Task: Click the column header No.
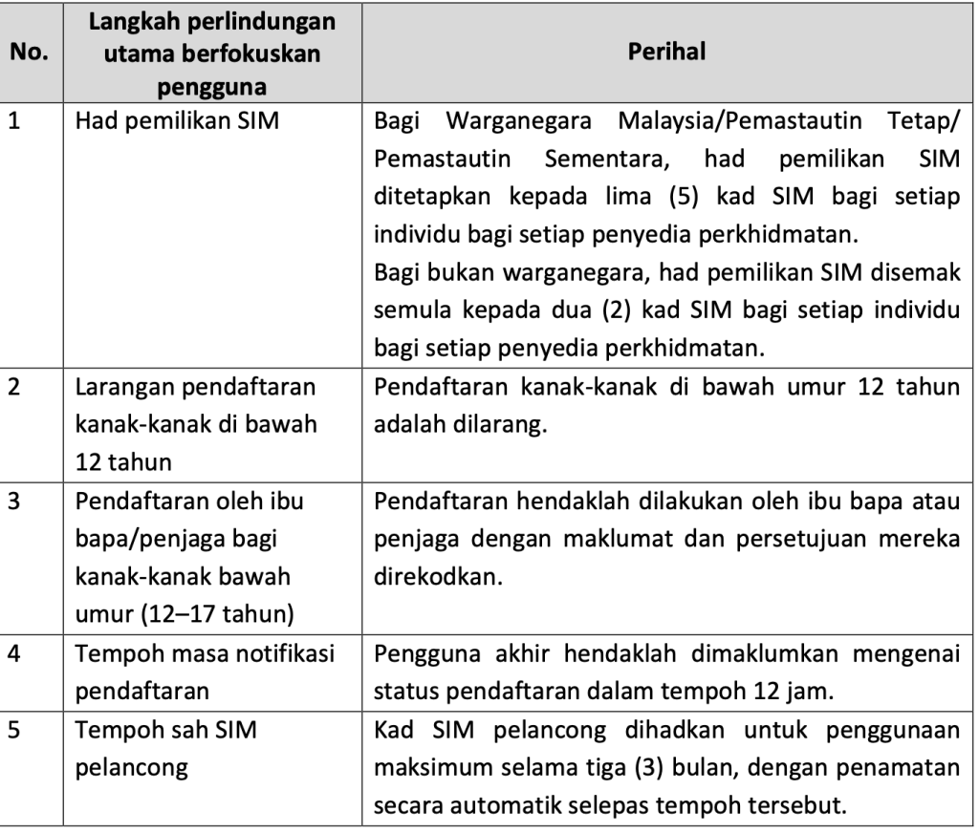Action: click(33, 53)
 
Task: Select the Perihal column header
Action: click(666, 53)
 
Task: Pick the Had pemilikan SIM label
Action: click(178, 121)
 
